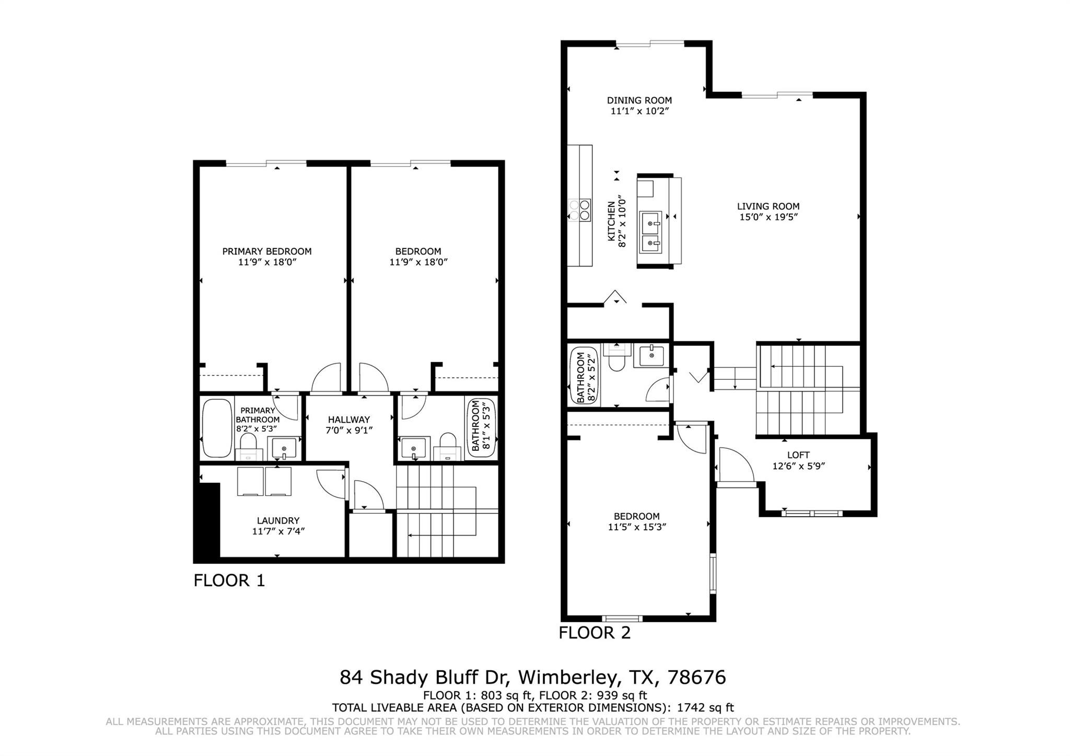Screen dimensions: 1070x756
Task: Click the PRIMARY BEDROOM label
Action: pos(267,251)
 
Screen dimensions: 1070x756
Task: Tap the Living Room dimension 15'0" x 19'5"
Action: pos(769,217)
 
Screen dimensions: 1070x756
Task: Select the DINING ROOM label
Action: pos(639,100)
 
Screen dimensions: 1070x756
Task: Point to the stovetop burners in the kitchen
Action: pos(580,210)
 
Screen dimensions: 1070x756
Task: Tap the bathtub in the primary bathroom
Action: pos(217,428)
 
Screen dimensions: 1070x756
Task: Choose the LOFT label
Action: pos(798,455)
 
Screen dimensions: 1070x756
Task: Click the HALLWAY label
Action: pos(349,420)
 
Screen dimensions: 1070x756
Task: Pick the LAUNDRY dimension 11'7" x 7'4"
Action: pos(278,531)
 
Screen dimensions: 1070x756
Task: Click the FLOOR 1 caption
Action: pos(229,580)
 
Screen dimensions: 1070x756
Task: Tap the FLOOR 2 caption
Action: pos(595,633)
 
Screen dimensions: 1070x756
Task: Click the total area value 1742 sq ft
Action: pos(705,708)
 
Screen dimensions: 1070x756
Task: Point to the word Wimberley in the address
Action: pos(568,678)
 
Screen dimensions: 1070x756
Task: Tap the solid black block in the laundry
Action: pos(207,521)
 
